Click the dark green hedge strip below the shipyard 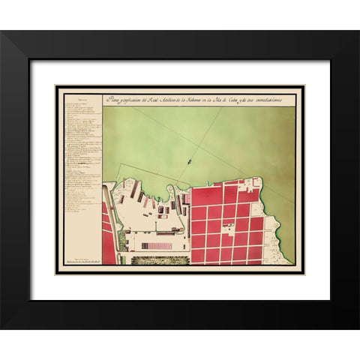tap(160, 260)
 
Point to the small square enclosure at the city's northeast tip tap(256, 181)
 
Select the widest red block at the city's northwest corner tap(206, 195)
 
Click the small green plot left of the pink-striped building tap(122, 241)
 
